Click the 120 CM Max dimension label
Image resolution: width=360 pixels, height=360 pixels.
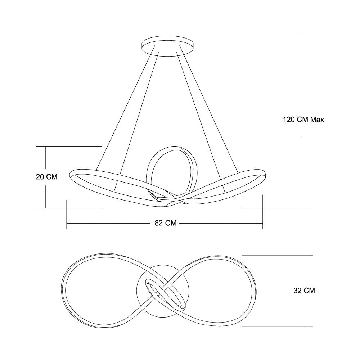click(x=303, y=120)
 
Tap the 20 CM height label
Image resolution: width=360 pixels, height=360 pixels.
click(x=46, y=177)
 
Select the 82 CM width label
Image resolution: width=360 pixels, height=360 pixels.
click(x=166, y=223)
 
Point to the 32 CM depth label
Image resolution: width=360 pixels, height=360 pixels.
click(x=304, y=291)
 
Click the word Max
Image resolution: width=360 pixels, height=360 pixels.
click(x=317, y=120)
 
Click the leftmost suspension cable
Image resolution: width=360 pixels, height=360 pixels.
click(x=125, y=108)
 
